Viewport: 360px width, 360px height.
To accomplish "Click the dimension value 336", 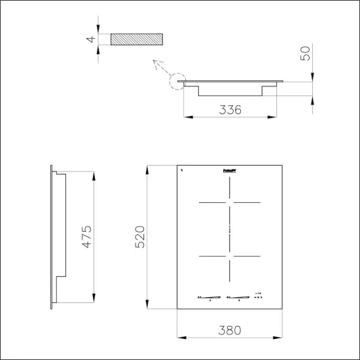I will [x=229, y=109].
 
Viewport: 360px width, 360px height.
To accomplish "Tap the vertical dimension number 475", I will [x=87, y=237].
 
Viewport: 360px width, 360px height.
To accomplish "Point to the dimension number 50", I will [x=306, y=53].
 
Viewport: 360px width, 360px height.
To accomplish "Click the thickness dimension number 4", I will [x=92, y=39].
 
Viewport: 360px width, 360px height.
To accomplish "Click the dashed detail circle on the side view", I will [x=177, y=83].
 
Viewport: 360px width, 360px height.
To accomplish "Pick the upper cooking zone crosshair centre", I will [x=228, y=202].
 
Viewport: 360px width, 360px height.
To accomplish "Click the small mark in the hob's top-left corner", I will [x=181, y=170].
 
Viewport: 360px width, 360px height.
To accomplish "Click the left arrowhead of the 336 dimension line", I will [x=186, y=118].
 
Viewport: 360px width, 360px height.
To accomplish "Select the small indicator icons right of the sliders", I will [x=259, y=295].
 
